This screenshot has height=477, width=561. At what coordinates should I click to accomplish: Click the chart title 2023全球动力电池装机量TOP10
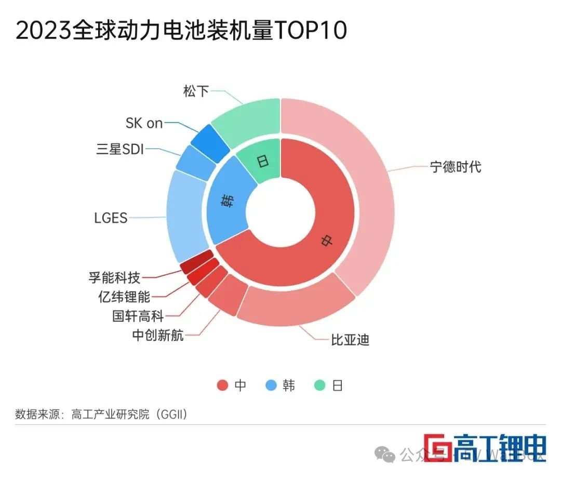[181, 31]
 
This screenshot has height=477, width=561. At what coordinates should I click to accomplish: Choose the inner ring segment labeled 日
[262, 161]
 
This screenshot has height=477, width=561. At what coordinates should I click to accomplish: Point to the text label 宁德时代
[456, 167]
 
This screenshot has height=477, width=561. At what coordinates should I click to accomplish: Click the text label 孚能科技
[114, 277]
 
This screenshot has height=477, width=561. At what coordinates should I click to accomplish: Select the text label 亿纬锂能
[124, 297]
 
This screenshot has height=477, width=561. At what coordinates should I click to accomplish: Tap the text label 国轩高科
[138, 315]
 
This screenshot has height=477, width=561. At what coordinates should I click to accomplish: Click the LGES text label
[111, 218]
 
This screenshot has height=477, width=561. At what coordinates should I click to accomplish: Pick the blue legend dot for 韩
[270, 386]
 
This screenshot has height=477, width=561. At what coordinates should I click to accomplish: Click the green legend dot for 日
[320, 386]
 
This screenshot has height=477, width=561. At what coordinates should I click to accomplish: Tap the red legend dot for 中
[222, 386]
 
